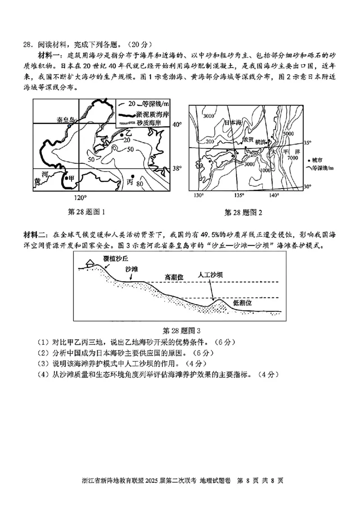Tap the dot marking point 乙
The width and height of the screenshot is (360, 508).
coord(121,134)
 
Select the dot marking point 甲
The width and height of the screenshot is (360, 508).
coord(66,179)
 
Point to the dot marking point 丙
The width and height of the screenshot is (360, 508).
coord(132,176)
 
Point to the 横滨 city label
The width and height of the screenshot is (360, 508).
coord(261,141)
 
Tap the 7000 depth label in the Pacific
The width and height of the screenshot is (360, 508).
coord(293,158)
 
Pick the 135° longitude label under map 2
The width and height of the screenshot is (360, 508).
coord(239,195)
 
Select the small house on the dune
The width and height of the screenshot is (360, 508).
coord(89,262)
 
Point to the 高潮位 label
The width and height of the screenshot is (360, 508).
coord(174,277)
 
